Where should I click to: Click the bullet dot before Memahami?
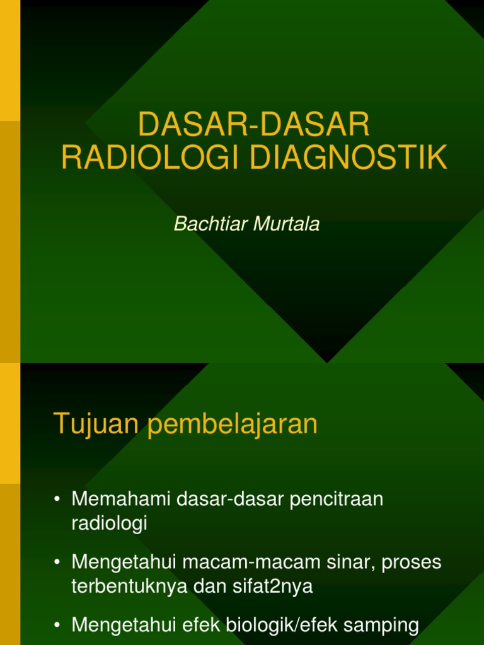point(57,500)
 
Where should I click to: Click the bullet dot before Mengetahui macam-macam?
point(57,563)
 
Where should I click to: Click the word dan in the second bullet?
point(207,586)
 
